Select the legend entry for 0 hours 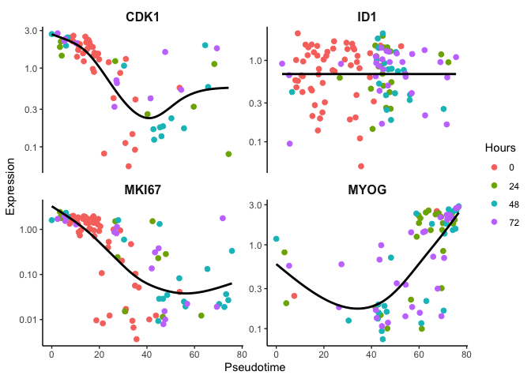coord(495,167)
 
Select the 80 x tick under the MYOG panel coord(466,355)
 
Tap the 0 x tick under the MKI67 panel coord(51,355)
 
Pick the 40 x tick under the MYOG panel coord(371,355)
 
